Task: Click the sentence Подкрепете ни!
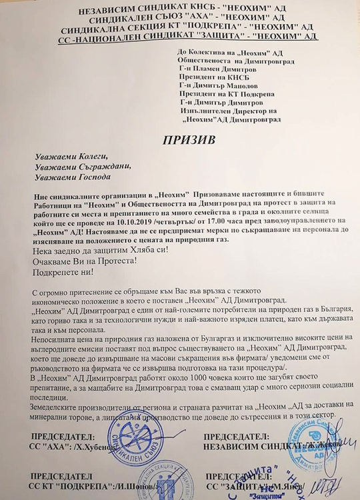click(63, 273)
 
